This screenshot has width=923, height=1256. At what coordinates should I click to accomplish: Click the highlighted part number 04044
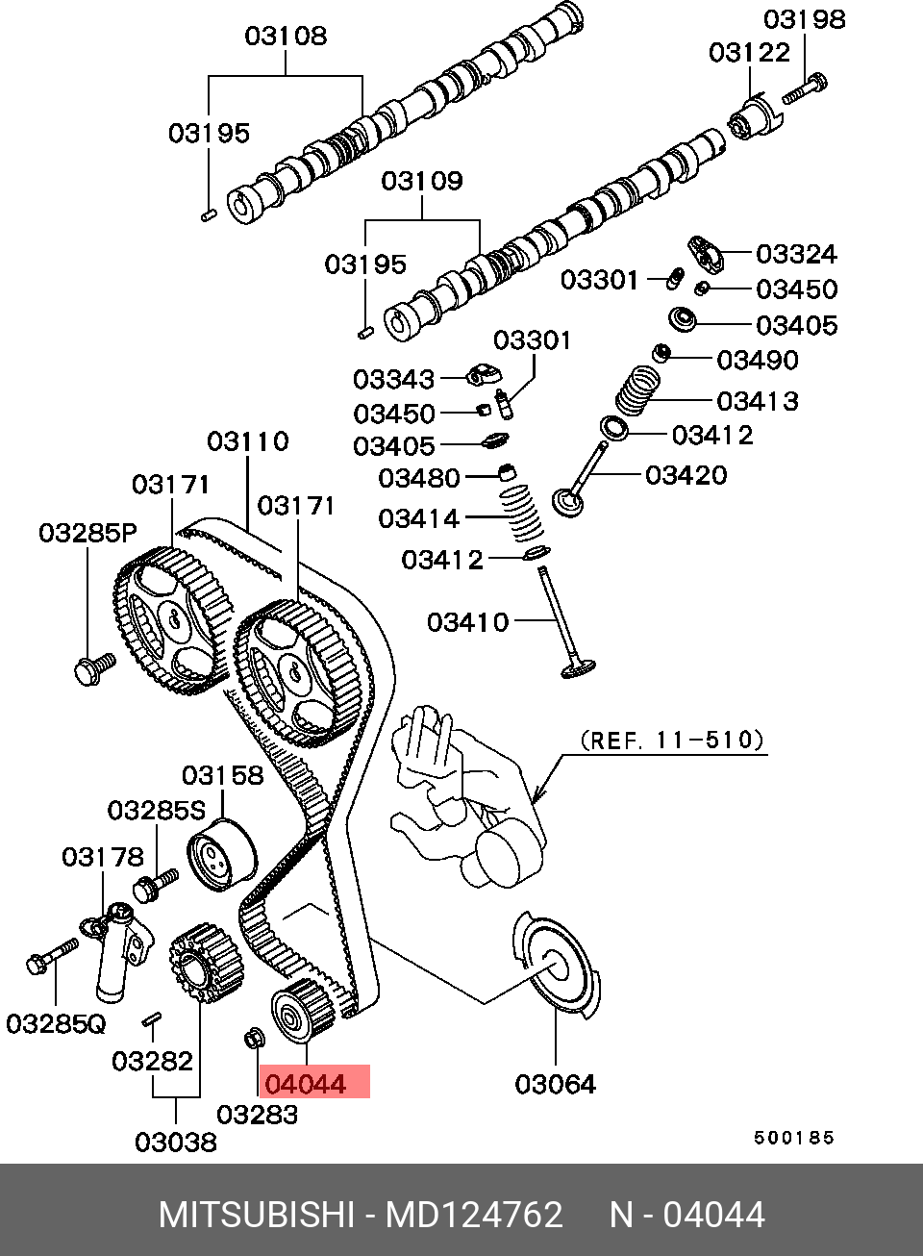point(306,1084)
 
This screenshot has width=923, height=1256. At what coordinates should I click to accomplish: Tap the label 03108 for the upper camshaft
point(286,37)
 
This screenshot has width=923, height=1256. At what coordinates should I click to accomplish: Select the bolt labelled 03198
point(805,89)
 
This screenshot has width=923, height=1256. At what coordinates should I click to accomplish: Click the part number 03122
point(749,53)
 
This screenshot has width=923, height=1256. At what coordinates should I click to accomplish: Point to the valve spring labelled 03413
point(638,389)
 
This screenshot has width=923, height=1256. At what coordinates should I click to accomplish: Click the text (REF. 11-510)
point(672,740)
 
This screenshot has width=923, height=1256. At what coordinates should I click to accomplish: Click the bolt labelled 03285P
point(92,668)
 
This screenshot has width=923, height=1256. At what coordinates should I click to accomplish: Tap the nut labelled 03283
point(254,1039)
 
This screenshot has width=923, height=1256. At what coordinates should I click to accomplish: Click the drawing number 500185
point(793,1138)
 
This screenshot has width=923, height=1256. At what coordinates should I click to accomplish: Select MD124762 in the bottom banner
point(474,1215)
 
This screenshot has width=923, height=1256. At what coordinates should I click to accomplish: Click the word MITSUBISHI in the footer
point(257,1215)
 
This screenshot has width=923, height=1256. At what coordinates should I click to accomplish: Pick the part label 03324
point(796,254)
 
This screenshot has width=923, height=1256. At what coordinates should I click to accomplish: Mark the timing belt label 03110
point(248,441)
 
